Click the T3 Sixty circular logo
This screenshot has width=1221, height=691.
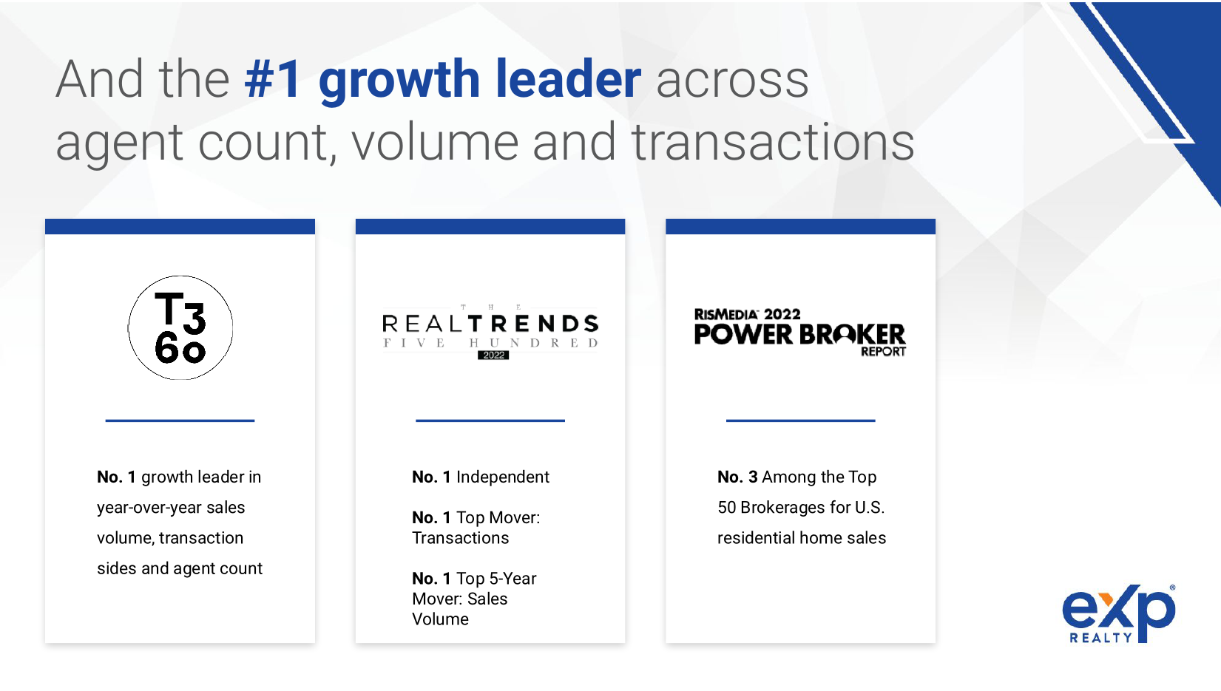pyautogui.click(x=180, y=328)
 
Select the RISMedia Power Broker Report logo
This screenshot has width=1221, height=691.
pyautogui.click(x=800, y=332)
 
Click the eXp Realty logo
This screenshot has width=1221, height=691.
pyautogui.click(x=1118, y=613)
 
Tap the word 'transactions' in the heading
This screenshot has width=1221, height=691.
pyautogui.click(x=773, y=142)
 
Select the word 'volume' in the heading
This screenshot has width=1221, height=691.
pyautogui.click(x=434, y=142)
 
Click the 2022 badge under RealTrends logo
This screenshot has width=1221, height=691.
pyautogui.click(x=493, y=355)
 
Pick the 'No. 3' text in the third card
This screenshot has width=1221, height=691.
pyautogui.click(x=737, y=477)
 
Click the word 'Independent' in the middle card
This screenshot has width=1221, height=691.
pyautogui.click(x=503, y=477)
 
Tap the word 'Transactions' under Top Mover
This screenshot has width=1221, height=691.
pyautogui.click(x=461, y=538)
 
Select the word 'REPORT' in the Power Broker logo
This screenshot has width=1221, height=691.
pyautogui.click(x=884, y=352)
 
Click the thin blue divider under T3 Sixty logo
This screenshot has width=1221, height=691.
pyautogui.click(x=180, y=421)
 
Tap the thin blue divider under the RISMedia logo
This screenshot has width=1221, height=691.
pyautogui.click(x=800, y=421)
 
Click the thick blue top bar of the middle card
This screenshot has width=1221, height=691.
pyautogui.click(x=490, y=227)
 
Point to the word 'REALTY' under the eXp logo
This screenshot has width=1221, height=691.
pyautogui.click(x=1101, y=638)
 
